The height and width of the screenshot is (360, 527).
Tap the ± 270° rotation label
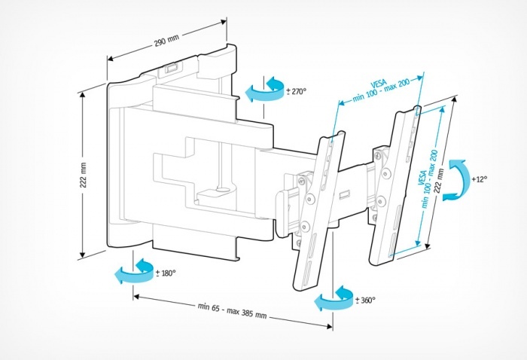(296, 91)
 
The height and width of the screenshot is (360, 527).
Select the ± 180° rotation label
(165, 273)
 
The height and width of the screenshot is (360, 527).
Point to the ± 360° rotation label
(364, 300)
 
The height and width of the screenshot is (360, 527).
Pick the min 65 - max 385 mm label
(232, 311)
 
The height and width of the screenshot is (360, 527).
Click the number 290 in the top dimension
(161, 43)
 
